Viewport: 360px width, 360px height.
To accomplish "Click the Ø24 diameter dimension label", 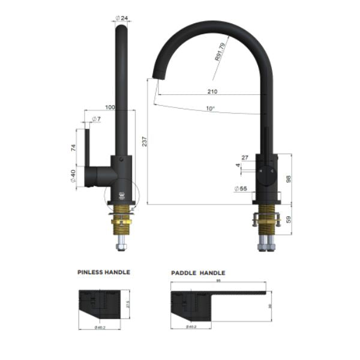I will [x=124, y=19].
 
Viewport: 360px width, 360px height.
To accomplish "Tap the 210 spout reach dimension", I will [x=212, y=92].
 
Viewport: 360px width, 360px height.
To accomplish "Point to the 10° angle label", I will [x=209, y=109].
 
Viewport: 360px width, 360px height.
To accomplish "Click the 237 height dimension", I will [x=145, y=142].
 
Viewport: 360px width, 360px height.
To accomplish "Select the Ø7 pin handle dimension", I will [x=96, y=119].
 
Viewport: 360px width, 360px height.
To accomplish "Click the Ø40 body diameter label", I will [x=73, y=176].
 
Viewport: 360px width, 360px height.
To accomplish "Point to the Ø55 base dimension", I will [x=241, y=188].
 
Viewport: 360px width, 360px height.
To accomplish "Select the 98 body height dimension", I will [x=289, y=179].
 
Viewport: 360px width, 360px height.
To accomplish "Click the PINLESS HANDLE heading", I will [x=104, y=272].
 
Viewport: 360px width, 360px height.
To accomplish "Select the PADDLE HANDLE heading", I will [x=199, y=272].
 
